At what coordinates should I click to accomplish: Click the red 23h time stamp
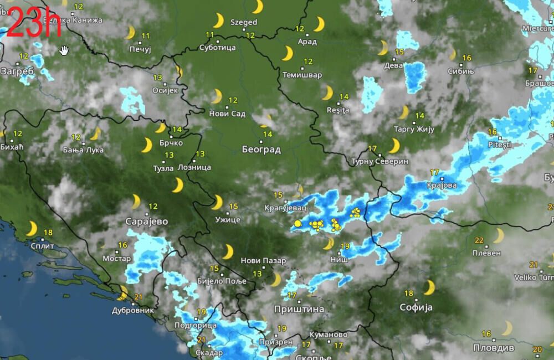(33, 23)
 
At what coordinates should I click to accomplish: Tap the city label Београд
(261, 150)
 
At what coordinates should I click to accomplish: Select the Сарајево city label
(146, 222)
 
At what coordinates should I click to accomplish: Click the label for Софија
(416, 307)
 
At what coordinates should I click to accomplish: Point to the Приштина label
(299, 309)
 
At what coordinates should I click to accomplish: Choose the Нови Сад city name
(227, 114)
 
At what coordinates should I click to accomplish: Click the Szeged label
(244, 22)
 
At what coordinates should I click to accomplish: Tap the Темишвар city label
(302, 75)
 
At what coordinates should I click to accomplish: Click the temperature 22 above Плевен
(479, 240)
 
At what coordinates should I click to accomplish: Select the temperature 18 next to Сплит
(48, 233)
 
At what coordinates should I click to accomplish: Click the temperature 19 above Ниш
(345, 246)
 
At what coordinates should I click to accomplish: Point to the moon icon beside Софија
(429, 287)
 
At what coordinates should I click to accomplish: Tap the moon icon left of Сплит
(32, 229)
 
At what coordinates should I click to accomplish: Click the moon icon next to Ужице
(217, 202)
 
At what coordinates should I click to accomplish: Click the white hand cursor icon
(64, 50)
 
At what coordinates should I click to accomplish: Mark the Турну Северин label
(379, 161)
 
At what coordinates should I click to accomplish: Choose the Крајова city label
(442, 186)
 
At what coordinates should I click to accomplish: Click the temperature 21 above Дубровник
(138, 297)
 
